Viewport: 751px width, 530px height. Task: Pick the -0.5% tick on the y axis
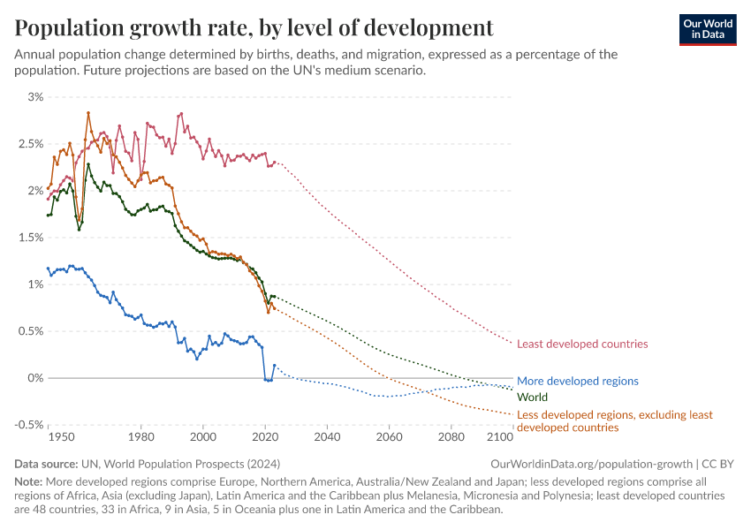pyautogui.click(x=28, y=425)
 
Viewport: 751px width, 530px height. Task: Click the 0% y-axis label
pyautogui.click(x=35, y=378)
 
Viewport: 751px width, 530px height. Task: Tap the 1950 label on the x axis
pyautogui.click(x=61, y=437)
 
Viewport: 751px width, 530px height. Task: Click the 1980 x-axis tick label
pyautogui.click(x=141, y=437)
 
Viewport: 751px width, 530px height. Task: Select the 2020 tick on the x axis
pyautogui.click(x=265, y=437)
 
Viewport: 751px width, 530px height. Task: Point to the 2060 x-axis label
pyautogui.click(x=389, y=437)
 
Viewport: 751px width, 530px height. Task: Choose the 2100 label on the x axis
pyautogui.click(x=500, y=437)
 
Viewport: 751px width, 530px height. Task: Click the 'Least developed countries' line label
pyautogui.click(x=582, y=344)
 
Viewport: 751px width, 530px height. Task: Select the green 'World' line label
pyautogui.click(x=532, y=397)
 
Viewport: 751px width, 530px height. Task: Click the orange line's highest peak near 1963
pyautogui.click(x=88, y=113)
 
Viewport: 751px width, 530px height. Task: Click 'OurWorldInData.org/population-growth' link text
pyautogui.click(x=591, y=464)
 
